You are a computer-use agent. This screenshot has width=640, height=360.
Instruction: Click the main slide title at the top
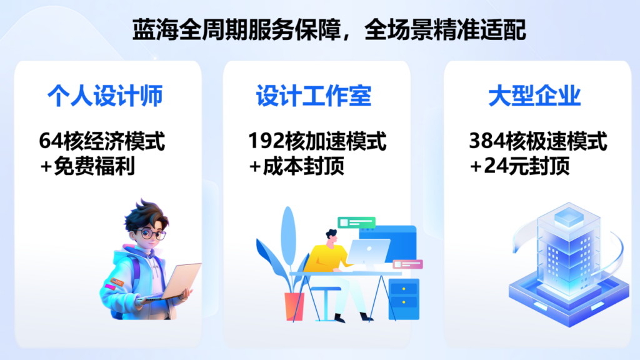click(329, 30)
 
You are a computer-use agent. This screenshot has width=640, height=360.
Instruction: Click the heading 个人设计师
click(105, 96)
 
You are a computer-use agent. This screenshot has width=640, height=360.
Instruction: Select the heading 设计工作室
click(314, 96)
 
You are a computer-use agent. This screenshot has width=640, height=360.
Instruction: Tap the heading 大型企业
click(534, 96)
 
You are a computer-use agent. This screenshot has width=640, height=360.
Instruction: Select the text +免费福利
click(87, 166)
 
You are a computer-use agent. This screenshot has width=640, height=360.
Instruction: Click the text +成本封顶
click(297, 166)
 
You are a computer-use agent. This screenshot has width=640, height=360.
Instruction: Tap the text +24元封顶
click(519, 166)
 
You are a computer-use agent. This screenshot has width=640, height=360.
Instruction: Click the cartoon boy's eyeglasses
click(151, 234)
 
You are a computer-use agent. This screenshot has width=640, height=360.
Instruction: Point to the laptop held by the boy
click(171, 282)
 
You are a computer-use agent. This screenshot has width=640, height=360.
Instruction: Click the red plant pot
click(294, 306)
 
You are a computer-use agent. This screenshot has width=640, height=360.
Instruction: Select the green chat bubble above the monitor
click(356, 222)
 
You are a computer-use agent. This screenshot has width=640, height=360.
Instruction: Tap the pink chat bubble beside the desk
click(407, 264)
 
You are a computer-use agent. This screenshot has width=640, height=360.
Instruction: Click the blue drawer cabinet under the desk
click(404, 299)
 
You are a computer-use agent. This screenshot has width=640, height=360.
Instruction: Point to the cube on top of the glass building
click(569, 217)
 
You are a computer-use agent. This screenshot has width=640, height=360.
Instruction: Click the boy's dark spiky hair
click(145, 216)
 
